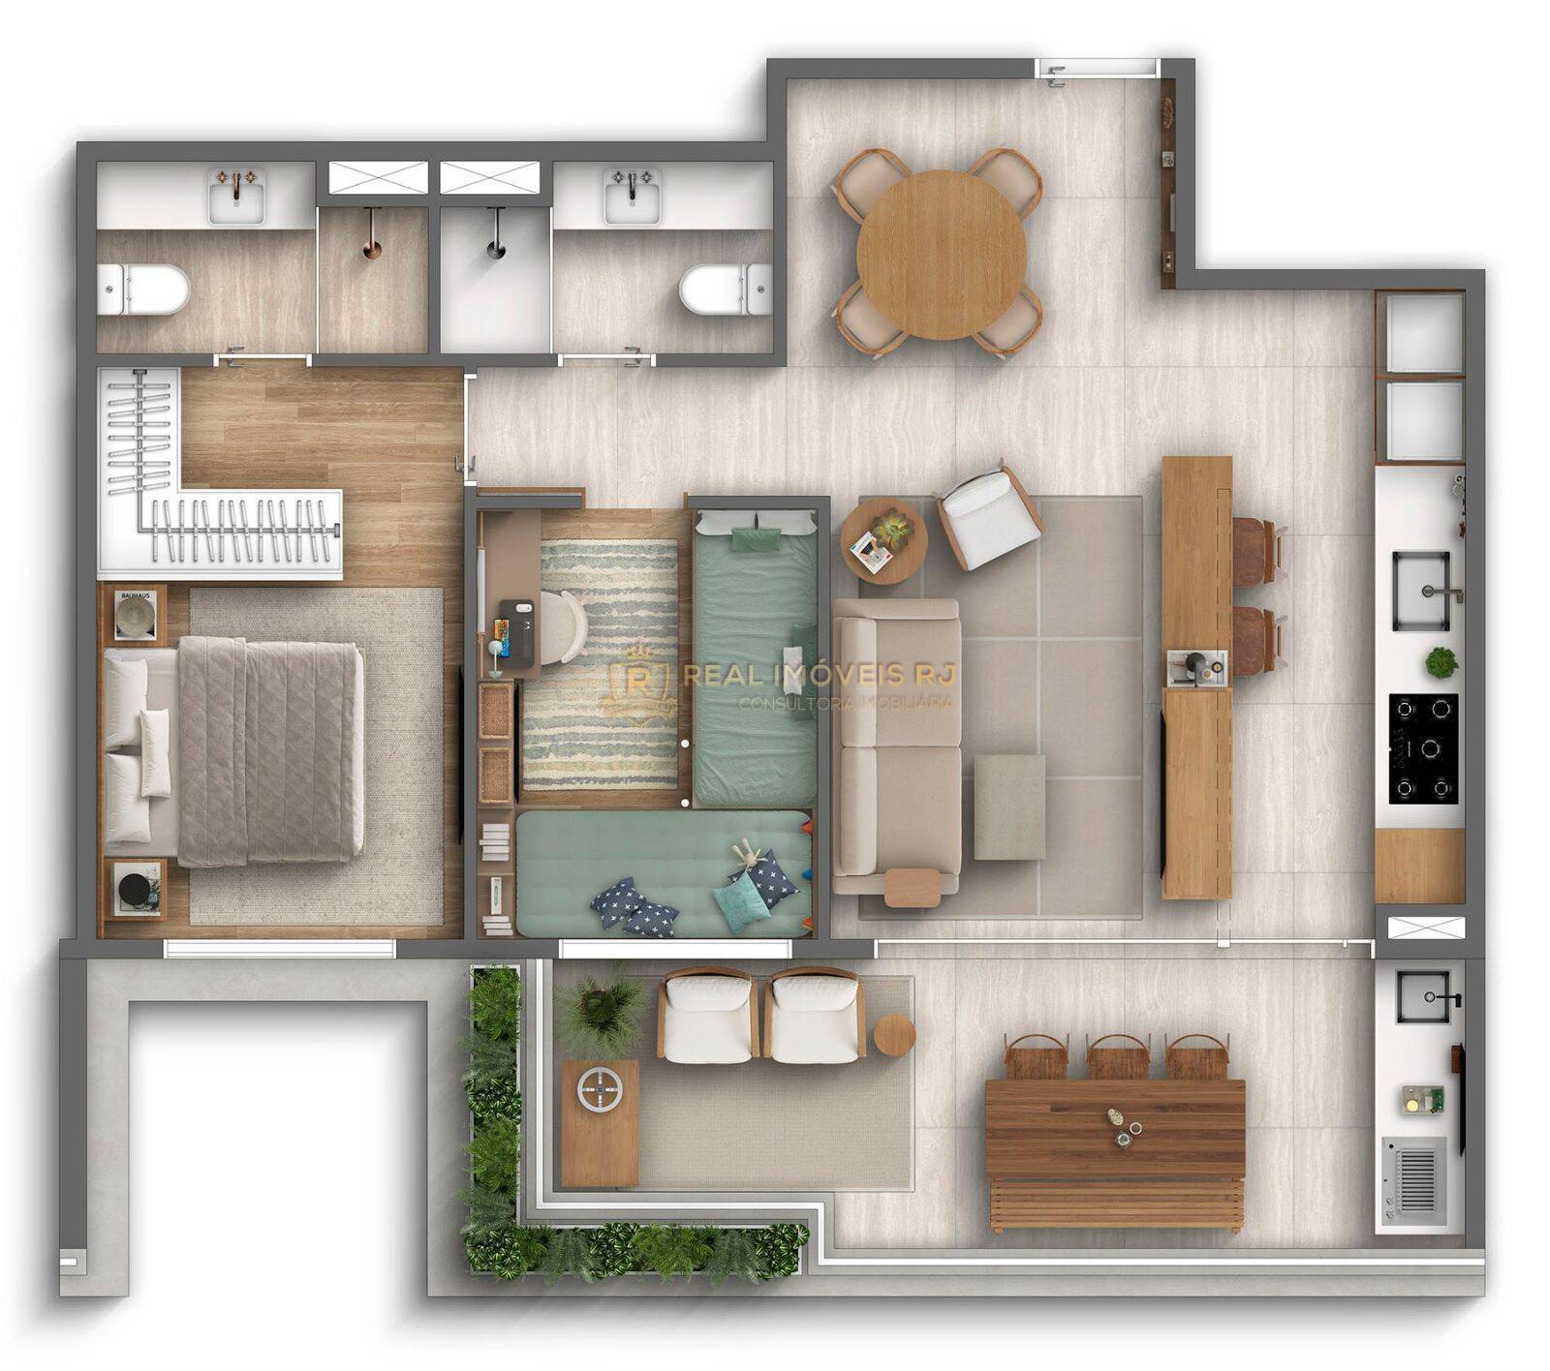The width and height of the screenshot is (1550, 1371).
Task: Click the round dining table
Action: (941, 254)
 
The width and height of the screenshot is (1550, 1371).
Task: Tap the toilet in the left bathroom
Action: (145, 289)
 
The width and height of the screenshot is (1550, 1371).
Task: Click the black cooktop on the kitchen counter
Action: (1423, 747)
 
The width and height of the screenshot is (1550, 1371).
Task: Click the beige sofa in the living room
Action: (896, 746)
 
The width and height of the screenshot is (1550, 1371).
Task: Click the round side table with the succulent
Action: (883, 540)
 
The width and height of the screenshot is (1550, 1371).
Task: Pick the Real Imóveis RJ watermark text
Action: (819, 675)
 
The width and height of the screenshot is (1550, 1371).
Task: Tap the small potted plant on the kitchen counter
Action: (1441, 662)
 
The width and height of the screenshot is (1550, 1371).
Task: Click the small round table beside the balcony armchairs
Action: (894, 1035)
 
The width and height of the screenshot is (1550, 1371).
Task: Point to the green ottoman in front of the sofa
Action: (1009, 807)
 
